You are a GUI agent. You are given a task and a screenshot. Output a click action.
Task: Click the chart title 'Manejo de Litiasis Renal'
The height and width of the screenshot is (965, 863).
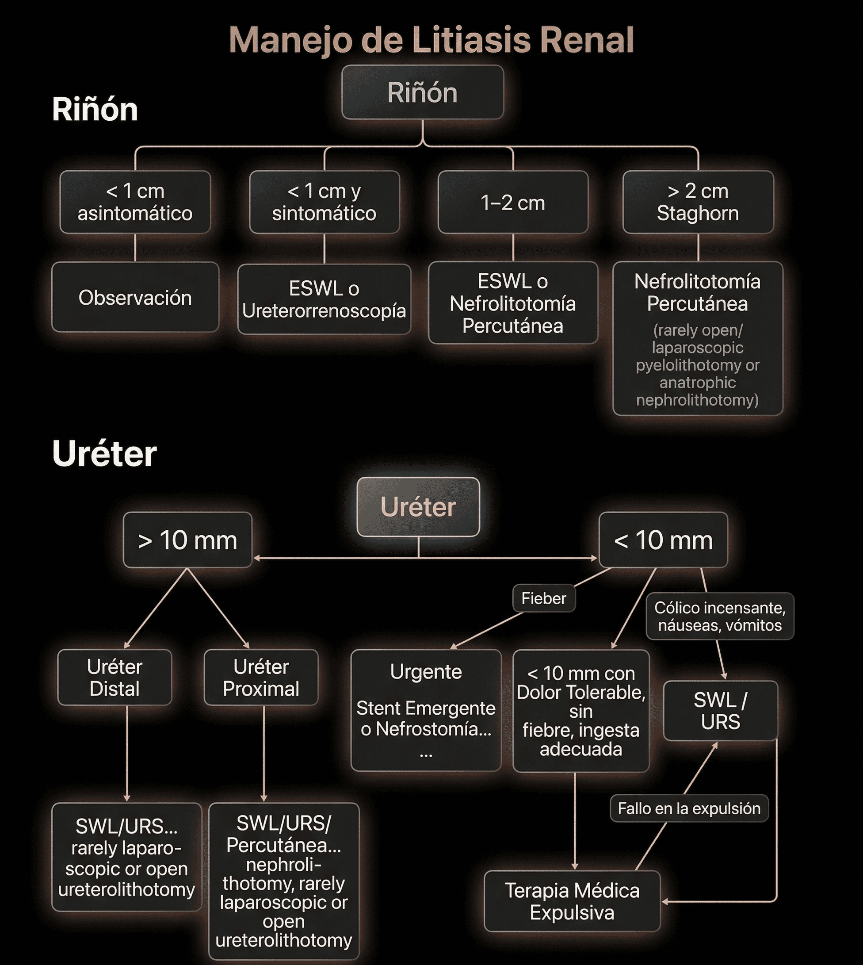pyautogui.click(x=431, y=40)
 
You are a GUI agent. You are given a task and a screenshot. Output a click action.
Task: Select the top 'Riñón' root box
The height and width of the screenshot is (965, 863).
pyautogui.click(x=422, y=92)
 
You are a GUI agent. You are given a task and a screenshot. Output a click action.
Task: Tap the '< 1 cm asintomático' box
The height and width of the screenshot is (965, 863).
pyautogui.click(x=135, y=202)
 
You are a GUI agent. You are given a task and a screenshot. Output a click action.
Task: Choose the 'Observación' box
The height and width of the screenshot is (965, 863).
pyautogui.click(x=135, y=298)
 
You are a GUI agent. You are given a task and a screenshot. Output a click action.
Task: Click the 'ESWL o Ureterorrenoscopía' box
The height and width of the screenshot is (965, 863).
pyautogui.click(x=324, y=299)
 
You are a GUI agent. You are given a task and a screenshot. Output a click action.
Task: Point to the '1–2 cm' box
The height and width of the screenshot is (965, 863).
pyautogui.click(x=512, y=203)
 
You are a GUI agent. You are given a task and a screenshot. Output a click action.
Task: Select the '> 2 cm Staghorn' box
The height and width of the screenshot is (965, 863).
pyautogui.click(x=698, y=202)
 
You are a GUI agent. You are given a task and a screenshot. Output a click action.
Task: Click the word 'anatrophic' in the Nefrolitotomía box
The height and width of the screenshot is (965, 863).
pyautogui.click(x=697, y=383)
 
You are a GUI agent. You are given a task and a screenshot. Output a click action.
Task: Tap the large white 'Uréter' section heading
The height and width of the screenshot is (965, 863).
pyautogui.click(x=104, y=454)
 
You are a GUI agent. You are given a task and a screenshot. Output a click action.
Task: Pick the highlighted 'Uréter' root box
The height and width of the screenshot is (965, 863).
pyautogui.click(x=418, y=507)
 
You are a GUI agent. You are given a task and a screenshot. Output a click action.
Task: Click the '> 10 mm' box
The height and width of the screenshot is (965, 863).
pyautogui.click(x=187, y=540)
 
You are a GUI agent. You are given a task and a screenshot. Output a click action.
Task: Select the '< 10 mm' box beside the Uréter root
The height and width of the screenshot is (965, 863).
pyautogui.click(x=663, y=540)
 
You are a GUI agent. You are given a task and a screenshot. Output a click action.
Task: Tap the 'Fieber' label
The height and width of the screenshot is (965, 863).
pyautogui.click(x=543, y=598)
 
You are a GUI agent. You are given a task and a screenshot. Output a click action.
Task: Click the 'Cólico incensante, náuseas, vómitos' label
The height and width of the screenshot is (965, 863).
pyautogui.click(x=719, y=617)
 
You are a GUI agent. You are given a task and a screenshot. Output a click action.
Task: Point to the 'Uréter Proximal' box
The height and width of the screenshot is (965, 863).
pyautogui.click(x=261, y=678)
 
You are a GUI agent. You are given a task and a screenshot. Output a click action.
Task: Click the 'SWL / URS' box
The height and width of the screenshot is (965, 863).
pyautogui.click(x=720, y=711)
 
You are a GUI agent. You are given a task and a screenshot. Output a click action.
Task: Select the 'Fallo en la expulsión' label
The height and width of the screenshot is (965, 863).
pyautogui.click(x=689, y=808)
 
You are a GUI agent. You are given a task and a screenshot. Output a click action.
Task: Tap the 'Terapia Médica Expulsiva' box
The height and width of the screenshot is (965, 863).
pyautogui.click(x=572, y=901)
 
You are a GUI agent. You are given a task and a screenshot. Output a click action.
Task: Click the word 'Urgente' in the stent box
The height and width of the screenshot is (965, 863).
pyautogui.click(x=426, y=672)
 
